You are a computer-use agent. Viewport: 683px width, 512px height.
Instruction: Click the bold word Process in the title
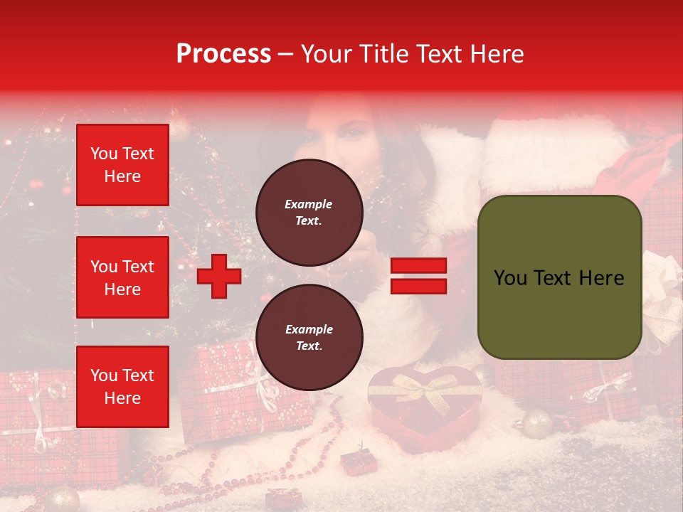tap(223, 54)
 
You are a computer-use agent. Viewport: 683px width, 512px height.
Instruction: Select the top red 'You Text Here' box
tap(122, 165)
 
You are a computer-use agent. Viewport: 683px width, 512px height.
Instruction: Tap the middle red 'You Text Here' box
tap(122, 277)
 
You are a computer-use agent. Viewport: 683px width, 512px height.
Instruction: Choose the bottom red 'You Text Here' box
tap(122, 386)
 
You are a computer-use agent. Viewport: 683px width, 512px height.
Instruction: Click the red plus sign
tap(219, 277)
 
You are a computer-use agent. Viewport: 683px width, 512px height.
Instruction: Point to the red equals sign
tap(418, 277)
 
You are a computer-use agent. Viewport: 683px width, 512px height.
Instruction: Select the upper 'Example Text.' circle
tap(309, 213)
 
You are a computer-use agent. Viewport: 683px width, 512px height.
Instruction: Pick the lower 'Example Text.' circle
tap(309, 338)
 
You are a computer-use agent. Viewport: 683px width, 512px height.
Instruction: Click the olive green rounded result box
tap(559, 277)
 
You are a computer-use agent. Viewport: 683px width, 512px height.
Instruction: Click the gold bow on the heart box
tap(425, 388)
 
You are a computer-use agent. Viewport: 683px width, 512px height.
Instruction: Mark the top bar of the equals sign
tap(418, 266)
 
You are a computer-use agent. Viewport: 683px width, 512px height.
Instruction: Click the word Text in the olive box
tap(558, 277)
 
